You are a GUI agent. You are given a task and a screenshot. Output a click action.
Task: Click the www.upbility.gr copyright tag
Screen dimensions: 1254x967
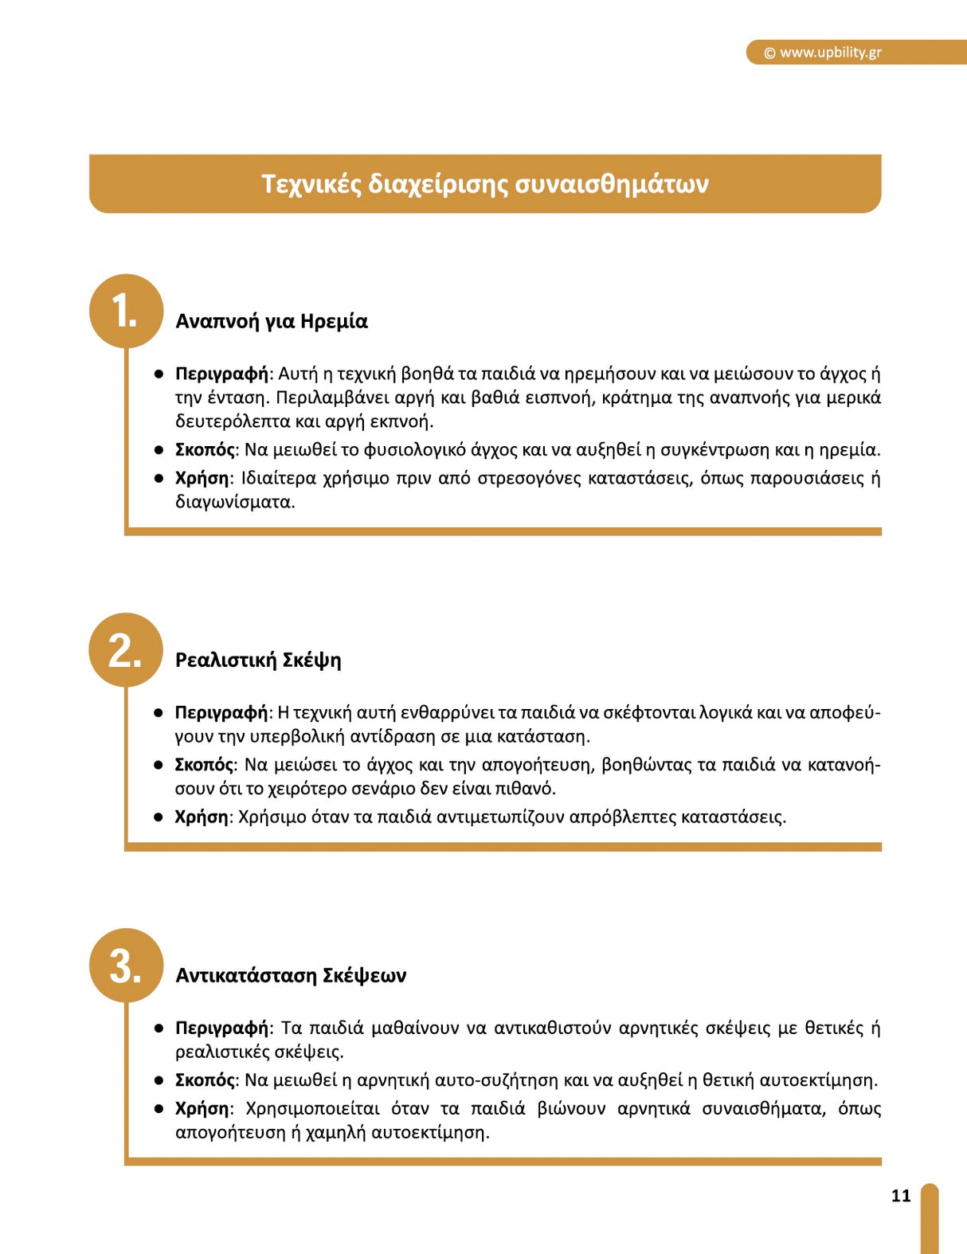coord(823,53)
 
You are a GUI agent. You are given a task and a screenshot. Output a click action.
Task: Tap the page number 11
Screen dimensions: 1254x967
coord(901,1195)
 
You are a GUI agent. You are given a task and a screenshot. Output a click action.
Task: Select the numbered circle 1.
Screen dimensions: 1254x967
coord(126,311)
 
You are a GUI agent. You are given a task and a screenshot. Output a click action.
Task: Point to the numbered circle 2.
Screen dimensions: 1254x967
coord(126,650)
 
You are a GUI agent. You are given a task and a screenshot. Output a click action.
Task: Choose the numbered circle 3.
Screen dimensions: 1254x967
coord(126,965)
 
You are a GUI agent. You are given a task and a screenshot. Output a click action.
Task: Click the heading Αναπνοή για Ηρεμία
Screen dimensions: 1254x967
coord(271,321)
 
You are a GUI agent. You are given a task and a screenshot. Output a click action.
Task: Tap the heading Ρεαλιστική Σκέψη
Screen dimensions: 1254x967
coord(257,660)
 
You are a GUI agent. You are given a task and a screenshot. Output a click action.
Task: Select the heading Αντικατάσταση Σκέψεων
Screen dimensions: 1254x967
coord(290,975)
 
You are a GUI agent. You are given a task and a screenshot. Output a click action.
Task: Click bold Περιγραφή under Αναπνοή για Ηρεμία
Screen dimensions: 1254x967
coord(222,374)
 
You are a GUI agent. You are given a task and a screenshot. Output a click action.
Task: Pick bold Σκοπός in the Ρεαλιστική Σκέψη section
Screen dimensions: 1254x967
coord(204,765)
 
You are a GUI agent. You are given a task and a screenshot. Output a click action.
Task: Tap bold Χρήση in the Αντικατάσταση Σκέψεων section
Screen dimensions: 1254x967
coord(202,1108)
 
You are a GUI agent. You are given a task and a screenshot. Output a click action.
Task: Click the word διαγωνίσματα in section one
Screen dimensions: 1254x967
coord(233,502)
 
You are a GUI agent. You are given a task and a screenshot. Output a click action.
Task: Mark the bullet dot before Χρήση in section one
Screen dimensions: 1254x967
coord(159,478)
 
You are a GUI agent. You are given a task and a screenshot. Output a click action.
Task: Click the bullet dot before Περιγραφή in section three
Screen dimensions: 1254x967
coord(159,1029)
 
